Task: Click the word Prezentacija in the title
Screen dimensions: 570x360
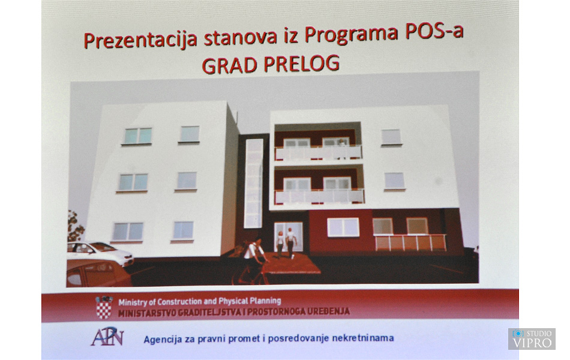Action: (140, 40)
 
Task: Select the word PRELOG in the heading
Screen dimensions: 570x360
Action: (302, 64)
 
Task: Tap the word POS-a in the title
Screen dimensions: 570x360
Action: (434, 31)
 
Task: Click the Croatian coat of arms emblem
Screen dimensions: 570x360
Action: (104, 308)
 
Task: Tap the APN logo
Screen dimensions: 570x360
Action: (107, 337)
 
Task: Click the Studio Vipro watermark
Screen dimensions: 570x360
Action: (532, 339)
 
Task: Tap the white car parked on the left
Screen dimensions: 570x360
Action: (100, 253)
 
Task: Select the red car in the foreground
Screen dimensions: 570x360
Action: (98, 274)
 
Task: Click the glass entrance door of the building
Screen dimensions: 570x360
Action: (288, 237)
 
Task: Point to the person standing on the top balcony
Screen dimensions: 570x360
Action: (341, 148)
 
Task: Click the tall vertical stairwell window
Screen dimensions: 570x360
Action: (253, 184)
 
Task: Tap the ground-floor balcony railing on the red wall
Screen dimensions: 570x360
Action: (410, 243)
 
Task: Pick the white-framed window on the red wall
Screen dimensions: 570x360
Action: (343, 227)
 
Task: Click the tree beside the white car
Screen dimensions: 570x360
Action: (75, 227)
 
